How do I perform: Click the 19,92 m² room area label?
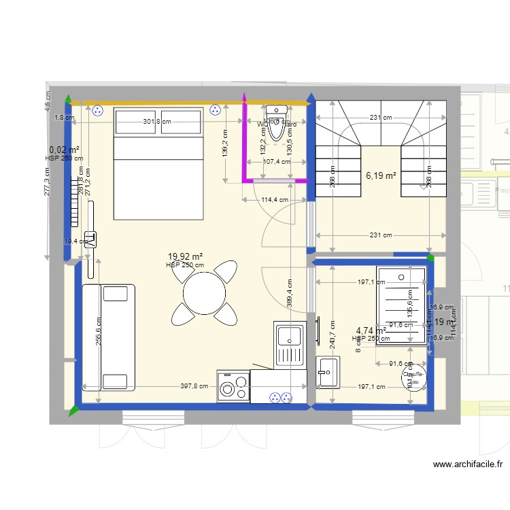(186, 256)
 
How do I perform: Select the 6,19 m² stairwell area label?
(381, 175)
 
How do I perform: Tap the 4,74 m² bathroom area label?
(371, 330)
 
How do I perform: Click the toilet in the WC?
(276, 122)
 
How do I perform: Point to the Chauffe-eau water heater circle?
(414, 378)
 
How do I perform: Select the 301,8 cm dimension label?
(156, 122)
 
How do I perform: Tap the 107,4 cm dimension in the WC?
(277, 162)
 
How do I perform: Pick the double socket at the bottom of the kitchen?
(280, 398)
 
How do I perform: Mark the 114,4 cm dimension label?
(275, 200)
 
